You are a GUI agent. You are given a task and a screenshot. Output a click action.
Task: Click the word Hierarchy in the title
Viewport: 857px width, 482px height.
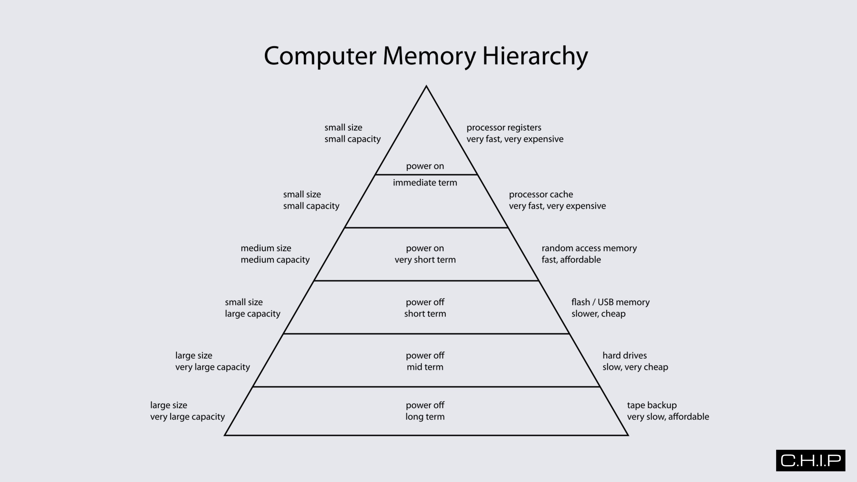click(535, 56)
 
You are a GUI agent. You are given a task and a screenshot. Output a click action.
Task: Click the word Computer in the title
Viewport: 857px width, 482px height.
click(320, 56)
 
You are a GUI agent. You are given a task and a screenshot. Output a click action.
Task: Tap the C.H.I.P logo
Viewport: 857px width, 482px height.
click(811, 460)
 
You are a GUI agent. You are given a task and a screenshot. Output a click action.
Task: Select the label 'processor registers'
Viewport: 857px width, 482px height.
click(504, 127)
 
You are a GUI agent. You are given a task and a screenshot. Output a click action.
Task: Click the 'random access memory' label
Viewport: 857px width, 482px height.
click(589, 248)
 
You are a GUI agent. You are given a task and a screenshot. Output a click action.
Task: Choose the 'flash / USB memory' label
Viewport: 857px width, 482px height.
click(610, 302)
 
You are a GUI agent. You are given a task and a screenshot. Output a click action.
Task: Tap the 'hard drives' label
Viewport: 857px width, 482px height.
click(625, 355)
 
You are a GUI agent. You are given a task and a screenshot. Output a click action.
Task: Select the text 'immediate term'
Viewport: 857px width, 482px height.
click(425, 183)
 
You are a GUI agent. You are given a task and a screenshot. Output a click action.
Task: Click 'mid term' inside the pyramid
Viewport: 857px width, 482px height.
click(425, 367)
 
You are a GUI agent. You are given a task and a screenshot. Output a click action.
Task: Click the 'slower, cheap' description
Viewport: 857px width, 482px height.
click(598, 314)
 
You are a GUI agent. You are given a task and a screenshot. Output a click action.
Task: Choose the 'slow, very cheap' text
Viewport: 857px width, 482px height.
click(635, 367)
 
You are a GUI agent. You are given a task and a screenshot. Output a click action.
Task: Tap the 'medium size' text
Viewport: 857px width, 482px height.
click(266, 248)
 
